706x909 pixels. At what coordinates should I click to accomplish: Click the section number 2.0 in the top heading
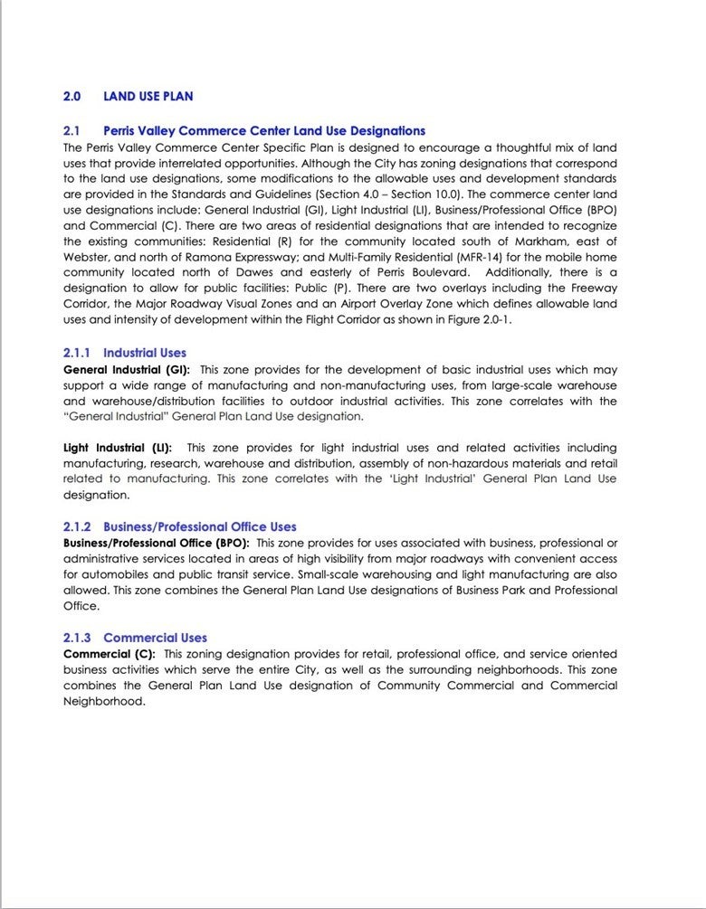(x=72, y=96)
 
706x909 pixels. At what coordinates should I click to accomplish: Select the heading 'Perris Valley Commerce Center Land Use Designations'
(x=264, y=131)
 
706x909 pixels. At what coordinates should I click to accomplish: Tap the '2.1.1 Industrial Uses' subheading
(x=125, y=353)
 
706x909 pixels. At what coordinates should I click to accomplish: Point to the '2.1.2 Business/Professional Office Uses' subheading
(x=179, y=526)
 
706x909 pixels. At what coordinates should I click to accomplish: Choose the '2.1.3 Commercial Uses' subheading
(x=135, y=638)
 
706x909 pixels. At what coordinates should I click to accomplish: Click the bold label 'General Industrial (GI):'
(x=127, y=370)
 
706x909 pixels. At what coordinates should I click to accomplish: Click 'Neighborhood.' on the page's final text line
(x=104, y=701)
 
